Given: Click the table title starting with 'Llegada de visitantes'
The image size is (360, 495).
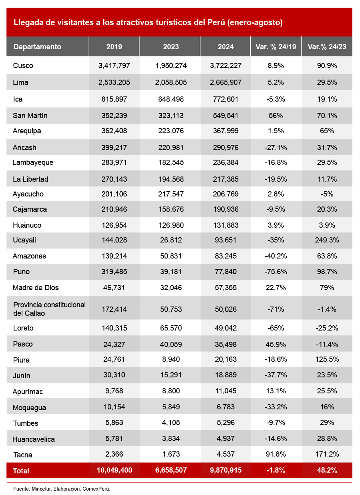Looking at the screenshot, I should coord(148,23).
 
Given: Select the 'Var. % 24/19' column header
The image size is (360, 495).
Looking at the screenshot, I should coord(276,47).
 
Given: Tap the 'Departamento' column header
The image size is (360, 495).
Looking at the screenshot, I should coord(37,47).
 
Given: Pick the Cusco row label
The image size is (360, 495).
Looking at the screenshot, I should coord(23,66).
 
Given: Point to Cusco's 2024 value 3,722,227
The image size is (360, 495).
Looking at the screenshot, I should coord(225,66).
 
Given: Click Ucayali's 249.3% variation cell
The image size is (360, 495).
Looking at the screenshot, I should coord(327,240).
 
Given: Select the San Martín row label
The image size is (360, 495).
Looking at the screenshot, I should coord(30,116).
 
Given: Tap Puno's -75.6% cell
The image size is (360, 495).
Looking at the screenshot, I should coord(276,272).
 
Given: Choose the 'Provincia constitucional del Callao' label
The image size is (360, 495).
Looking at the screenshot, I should coord(49,309).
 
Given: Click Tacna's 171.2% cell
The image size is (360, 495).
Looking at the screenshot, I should coord(327,455).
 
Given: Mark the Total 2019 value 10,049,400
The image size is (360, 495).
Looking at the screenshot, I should coord(114,470).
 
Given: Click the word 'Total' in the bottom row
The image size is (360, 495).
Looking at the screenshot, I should coord(21,471).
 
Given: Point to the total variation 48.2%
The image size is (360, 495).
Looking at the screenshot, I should coord(327,470).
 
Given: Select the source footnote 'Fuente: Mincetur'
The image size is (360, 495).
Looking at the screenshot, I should coord(61,489).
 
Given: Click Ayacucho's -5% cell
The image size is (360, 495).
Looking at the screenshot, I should coord(327,194).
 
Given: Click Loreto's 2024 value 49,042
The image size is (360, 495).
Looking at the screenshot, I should coord(225,328).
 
